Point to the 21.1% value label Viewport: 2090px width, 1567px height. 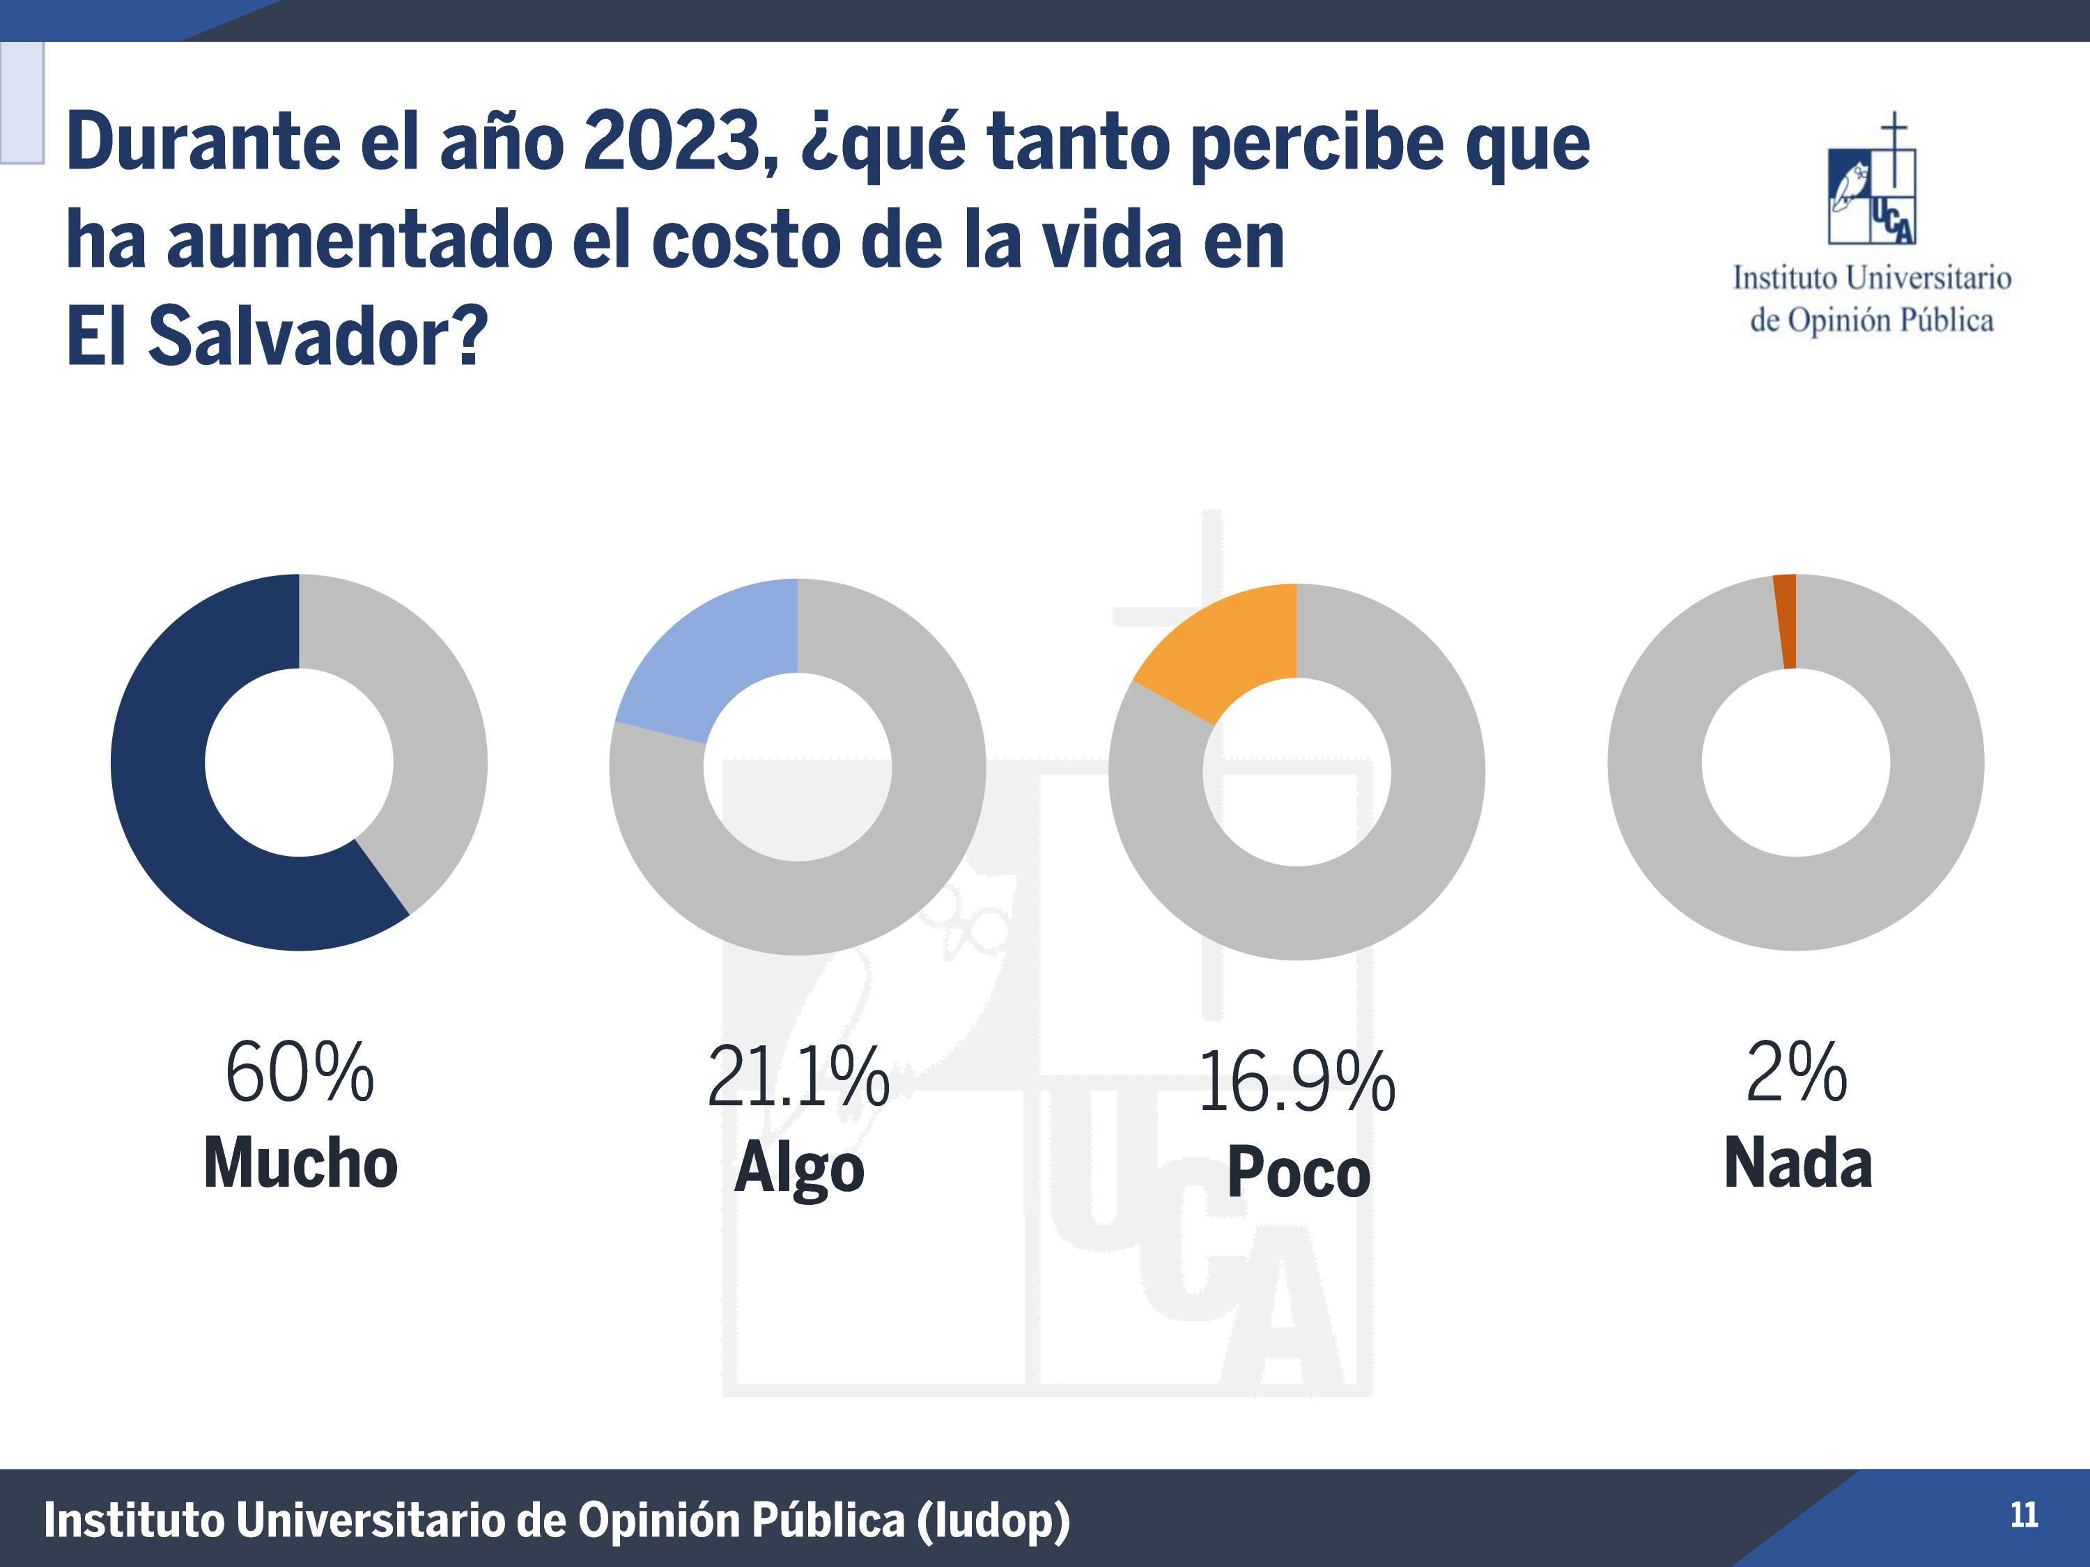coord(798,1077)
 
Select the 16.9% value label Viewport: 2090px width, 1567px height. coord(1296,1082)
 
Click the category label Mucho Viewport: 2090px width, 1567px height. coord(300,1163)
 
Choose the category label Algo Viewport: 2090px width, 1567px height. coord(798,1169)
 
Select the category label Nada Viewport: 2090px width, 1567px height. coord(1797,1163)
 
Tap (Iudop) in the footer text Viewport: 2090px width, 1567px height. coord(992,1521)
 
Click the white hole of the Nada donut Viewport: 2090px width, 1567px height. coord(1795,762)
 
